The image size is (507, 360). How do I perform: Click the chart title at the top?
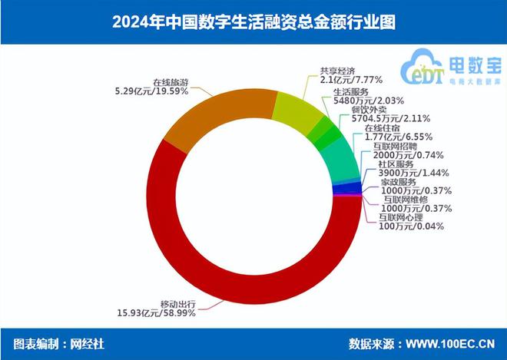pyautogui.click(x=253, y=21)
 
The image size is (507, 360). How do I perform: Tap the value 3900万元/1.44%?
pyautogui.click(x=415, y=173)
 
